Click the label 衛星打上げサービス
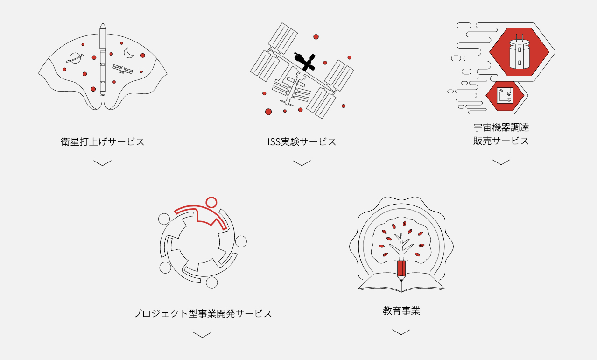pos(103,141)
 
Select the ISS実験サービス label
pos(302,141)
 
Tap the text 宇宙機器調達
pos(501,127)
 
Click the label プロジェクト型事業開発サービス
pos(203,313)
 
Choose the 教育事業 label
pos(401,311)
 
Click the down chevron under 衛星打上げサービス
pos(102,163)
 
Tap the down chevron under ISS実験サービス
pos(302,163)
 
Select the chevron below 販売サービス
pos(501,162)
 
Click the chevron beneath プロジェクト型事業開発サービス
pos(202,335)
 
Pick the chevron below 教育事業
pos(401,332)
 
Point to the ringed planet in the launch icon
pos(75,58)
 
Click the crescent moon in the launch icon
pos(129,53)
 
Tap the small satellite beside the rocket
pos(123,69)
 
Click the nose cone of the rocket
pos(103,26)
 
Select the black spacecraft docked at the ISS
pos(305,62)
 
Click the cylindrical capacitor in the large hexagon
pos(520,54)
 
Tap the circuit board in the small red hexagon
pos(505,95)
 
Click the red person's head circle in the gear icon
pos(211,202)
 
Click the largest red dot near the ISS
pos(268,112)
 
